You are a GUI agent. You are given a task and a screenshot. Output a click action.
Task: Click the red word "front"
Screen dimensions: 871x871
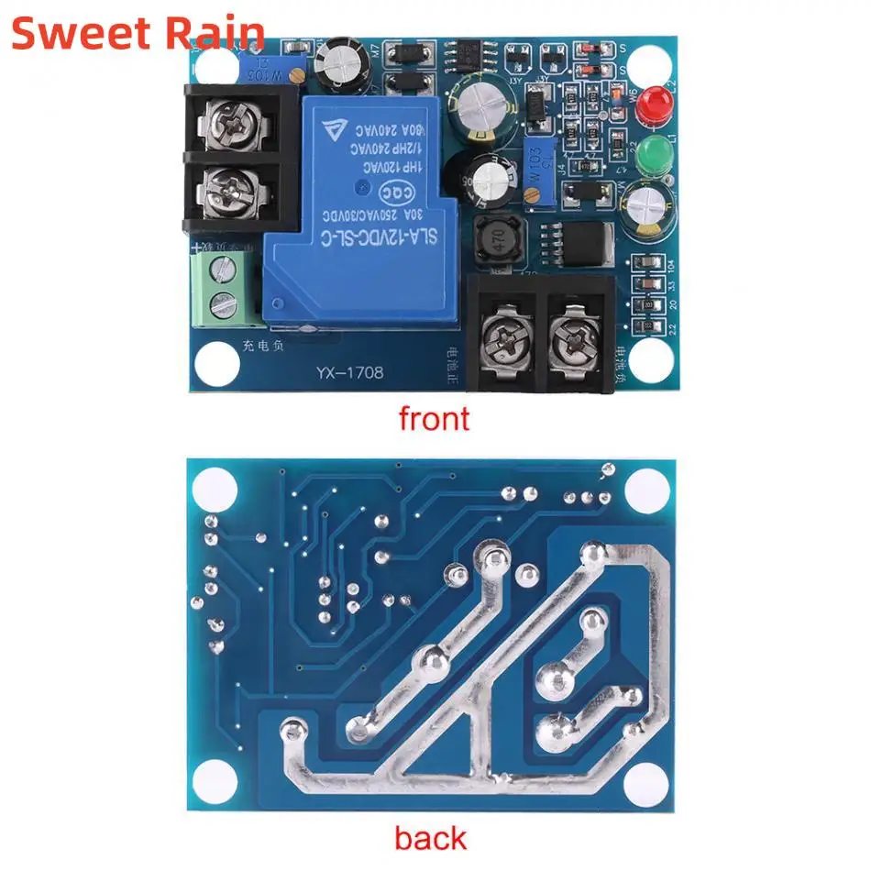pyautogui.click(x=434, y=418)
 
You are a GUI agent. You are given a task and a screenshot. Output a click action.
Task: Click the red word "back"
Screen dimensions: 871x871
pyautogui.click(x=430, y=837)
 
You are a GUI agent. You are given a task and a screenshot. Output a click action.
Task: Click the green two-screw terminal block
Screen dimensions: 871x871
pyautogui.click(x=221, y=288)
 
